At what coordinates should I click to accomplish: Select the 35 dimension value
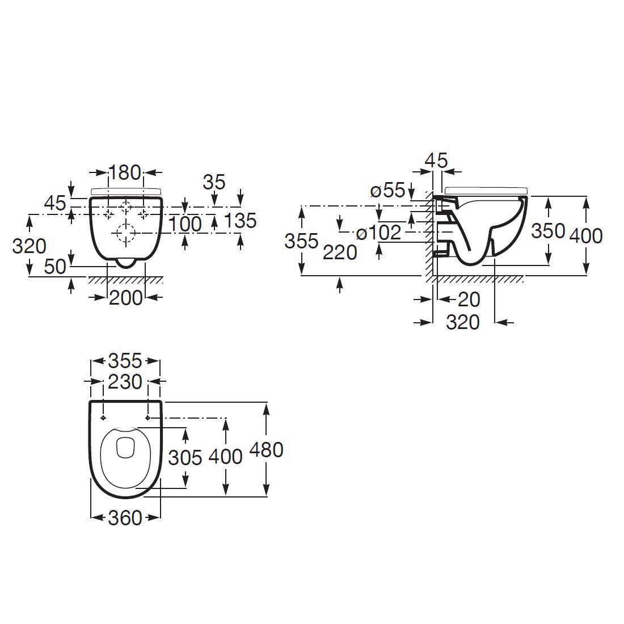click(213, 182)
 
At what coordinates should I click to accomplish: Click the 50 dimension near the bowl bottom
click(56, 266)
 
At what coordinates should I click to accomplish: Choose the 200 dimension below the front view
click(125, 297)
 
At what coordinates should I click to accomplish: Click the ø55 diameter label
click(388, 190)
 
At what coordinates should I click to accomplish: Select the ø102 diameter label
click(378, 232)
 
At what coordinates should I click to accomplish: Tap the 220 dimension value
click(340, 252)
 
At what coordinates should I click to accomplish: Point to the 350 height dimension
click(548, 231)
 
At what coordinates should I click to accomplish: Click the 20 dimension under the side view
click(469, 299)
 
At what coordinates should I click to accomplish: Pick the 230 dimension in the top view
click(125, 382)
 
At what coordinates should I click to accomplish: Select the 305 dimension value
click(185, 457)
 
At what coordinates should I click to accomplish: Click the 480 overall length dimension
click(267, 449)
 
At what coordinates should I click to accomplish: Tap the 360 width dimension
click(125, 517)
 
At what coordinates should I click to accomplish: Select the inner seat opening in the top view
click(125, 449)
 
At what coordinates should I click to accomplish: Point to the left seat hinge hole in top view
click(103, 418)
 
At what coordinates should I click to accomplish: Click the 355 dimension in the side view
click(301, 241)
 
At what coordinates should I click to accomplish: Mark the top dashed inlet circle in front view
click(126, 206)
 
